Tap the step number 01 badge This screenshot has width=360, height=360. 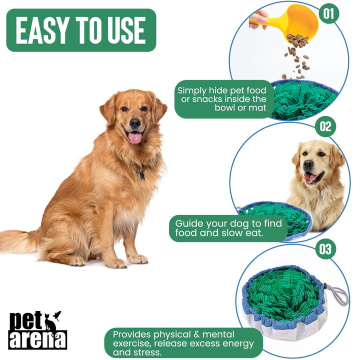point(327,13)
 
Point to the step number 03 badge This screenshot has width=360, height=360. point(325,248)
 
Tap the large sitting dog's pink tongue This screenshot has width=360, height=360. point(135,137)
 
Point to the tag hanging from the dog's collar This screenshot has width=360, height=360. point(141,175)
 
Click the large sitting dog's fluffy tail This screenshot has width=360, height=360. point(20,241)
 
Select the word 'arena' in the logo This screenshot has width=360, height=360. point(37,338)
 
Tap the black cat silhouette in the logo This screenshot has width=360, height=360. point(50,322)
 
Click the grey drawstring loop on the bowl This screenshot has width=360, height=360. point(337,295)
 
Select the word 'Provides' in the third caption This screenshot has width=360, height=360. point(131,333)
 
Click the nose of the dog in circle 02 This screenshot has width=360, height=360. point(308,164)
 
